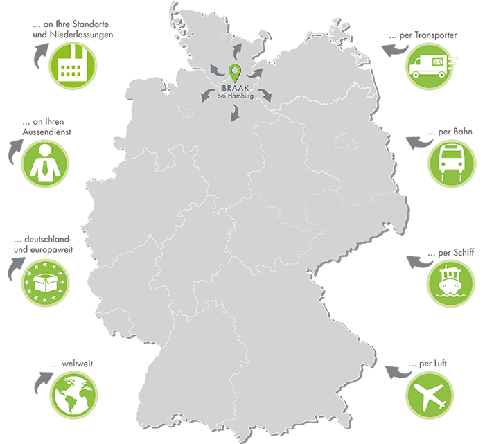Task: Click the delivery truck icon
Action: (427, 66)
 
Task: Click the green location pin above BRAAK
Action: (234, 71)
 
